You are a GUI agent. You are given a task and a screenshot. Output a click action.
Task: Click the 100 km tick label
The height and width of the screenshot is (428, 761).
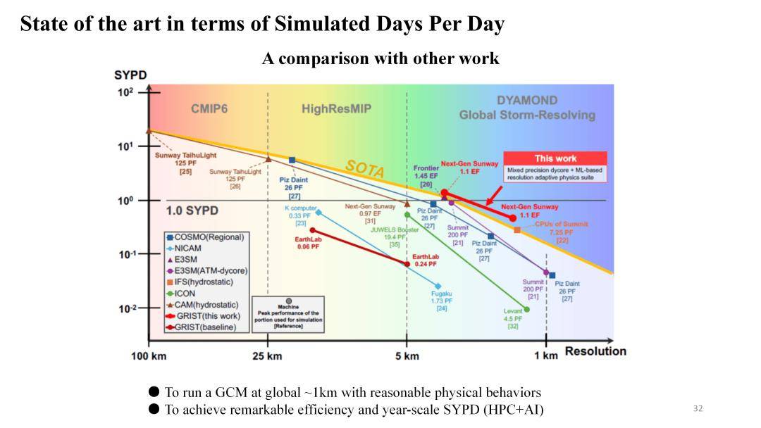149,356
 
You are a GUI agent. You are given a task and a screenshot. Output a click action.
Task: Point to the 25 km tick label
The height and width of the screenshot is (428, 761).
267,356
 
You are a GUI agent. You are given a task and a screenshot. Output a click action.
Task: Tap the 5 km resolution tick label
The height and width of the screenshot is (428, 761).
407,356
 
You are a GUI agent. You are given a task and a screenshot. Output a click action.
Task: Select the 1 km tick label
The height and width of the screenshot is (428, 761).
545,356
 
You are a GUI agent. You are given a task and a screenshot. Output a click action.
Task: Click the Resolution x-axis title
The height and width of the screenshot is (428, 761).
595,351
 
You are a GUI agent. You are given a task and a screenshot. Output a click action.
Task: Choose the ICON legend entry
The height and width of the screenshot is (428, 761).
185,293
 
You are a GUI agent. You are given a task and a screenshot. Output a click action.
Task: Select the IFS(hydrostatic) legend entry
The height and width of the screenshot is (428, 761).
203,282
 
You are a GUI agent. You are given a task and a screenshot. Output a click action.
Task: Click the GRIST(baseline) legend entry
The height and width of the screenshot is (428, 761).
205,327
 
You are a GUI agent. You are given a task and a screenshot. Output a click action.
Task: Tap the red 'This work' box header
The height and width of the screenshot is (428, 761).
555,158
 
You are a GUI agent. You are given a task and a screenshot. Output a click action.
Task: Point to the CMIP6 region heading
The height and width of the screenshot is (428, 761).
209,109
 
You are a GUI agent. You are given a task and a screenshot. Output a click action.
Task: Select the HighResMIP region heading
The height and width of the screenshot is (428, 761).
336,109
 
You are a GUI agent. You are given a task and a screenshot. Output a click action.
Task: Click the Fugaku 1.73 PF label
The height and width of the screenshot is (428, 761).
442,301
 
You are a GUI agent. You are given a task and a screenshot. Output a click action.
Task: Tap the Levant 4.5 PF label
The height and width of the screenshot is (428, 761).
513,318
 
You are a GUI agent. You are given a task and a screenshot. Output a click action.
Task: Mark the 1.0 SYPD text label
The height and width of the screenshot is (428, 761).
192,210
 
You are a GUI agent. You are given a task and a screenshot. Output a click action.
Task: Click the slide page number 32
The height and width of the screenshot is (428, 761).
698,409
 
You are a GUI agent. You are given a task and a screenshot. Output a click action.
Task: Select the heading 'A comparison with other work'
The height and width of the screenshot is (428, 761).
380,58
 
